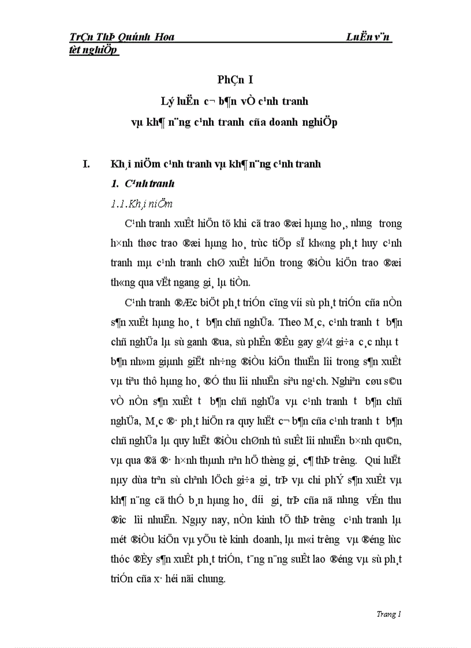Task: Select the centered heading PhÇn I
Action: tap(235, 80)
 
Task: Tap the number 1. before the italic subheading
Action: tap(114, 183)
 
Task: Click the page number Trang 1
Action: tap(388, 614)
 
